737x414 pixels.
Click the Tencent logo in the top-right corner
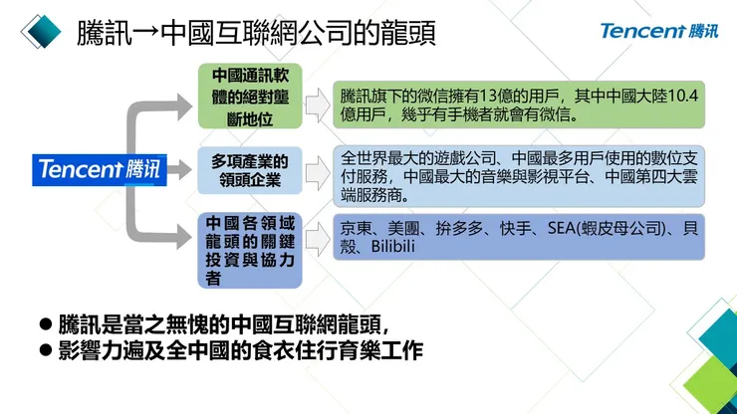(657, 30)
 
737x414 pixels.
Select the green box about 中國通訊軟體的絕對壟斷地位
(248, 98)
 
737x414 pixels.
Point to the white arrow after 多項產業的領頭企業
(318, 171)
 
